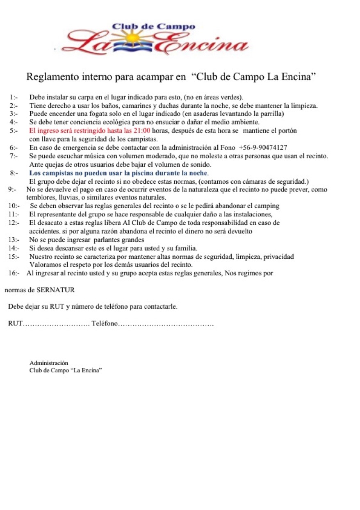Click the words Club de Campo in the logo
[x=153, y=27]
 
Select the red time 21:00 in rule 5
[x=142, y=130]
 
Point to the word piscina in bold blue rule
[x=139, y=173]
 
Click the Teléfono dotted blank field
[x=166, y=323]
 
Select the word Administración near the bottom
[x=49, y=363]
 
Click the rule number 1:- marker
[x=14, y=98]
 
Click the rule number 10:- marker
[x=14, y=205]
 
